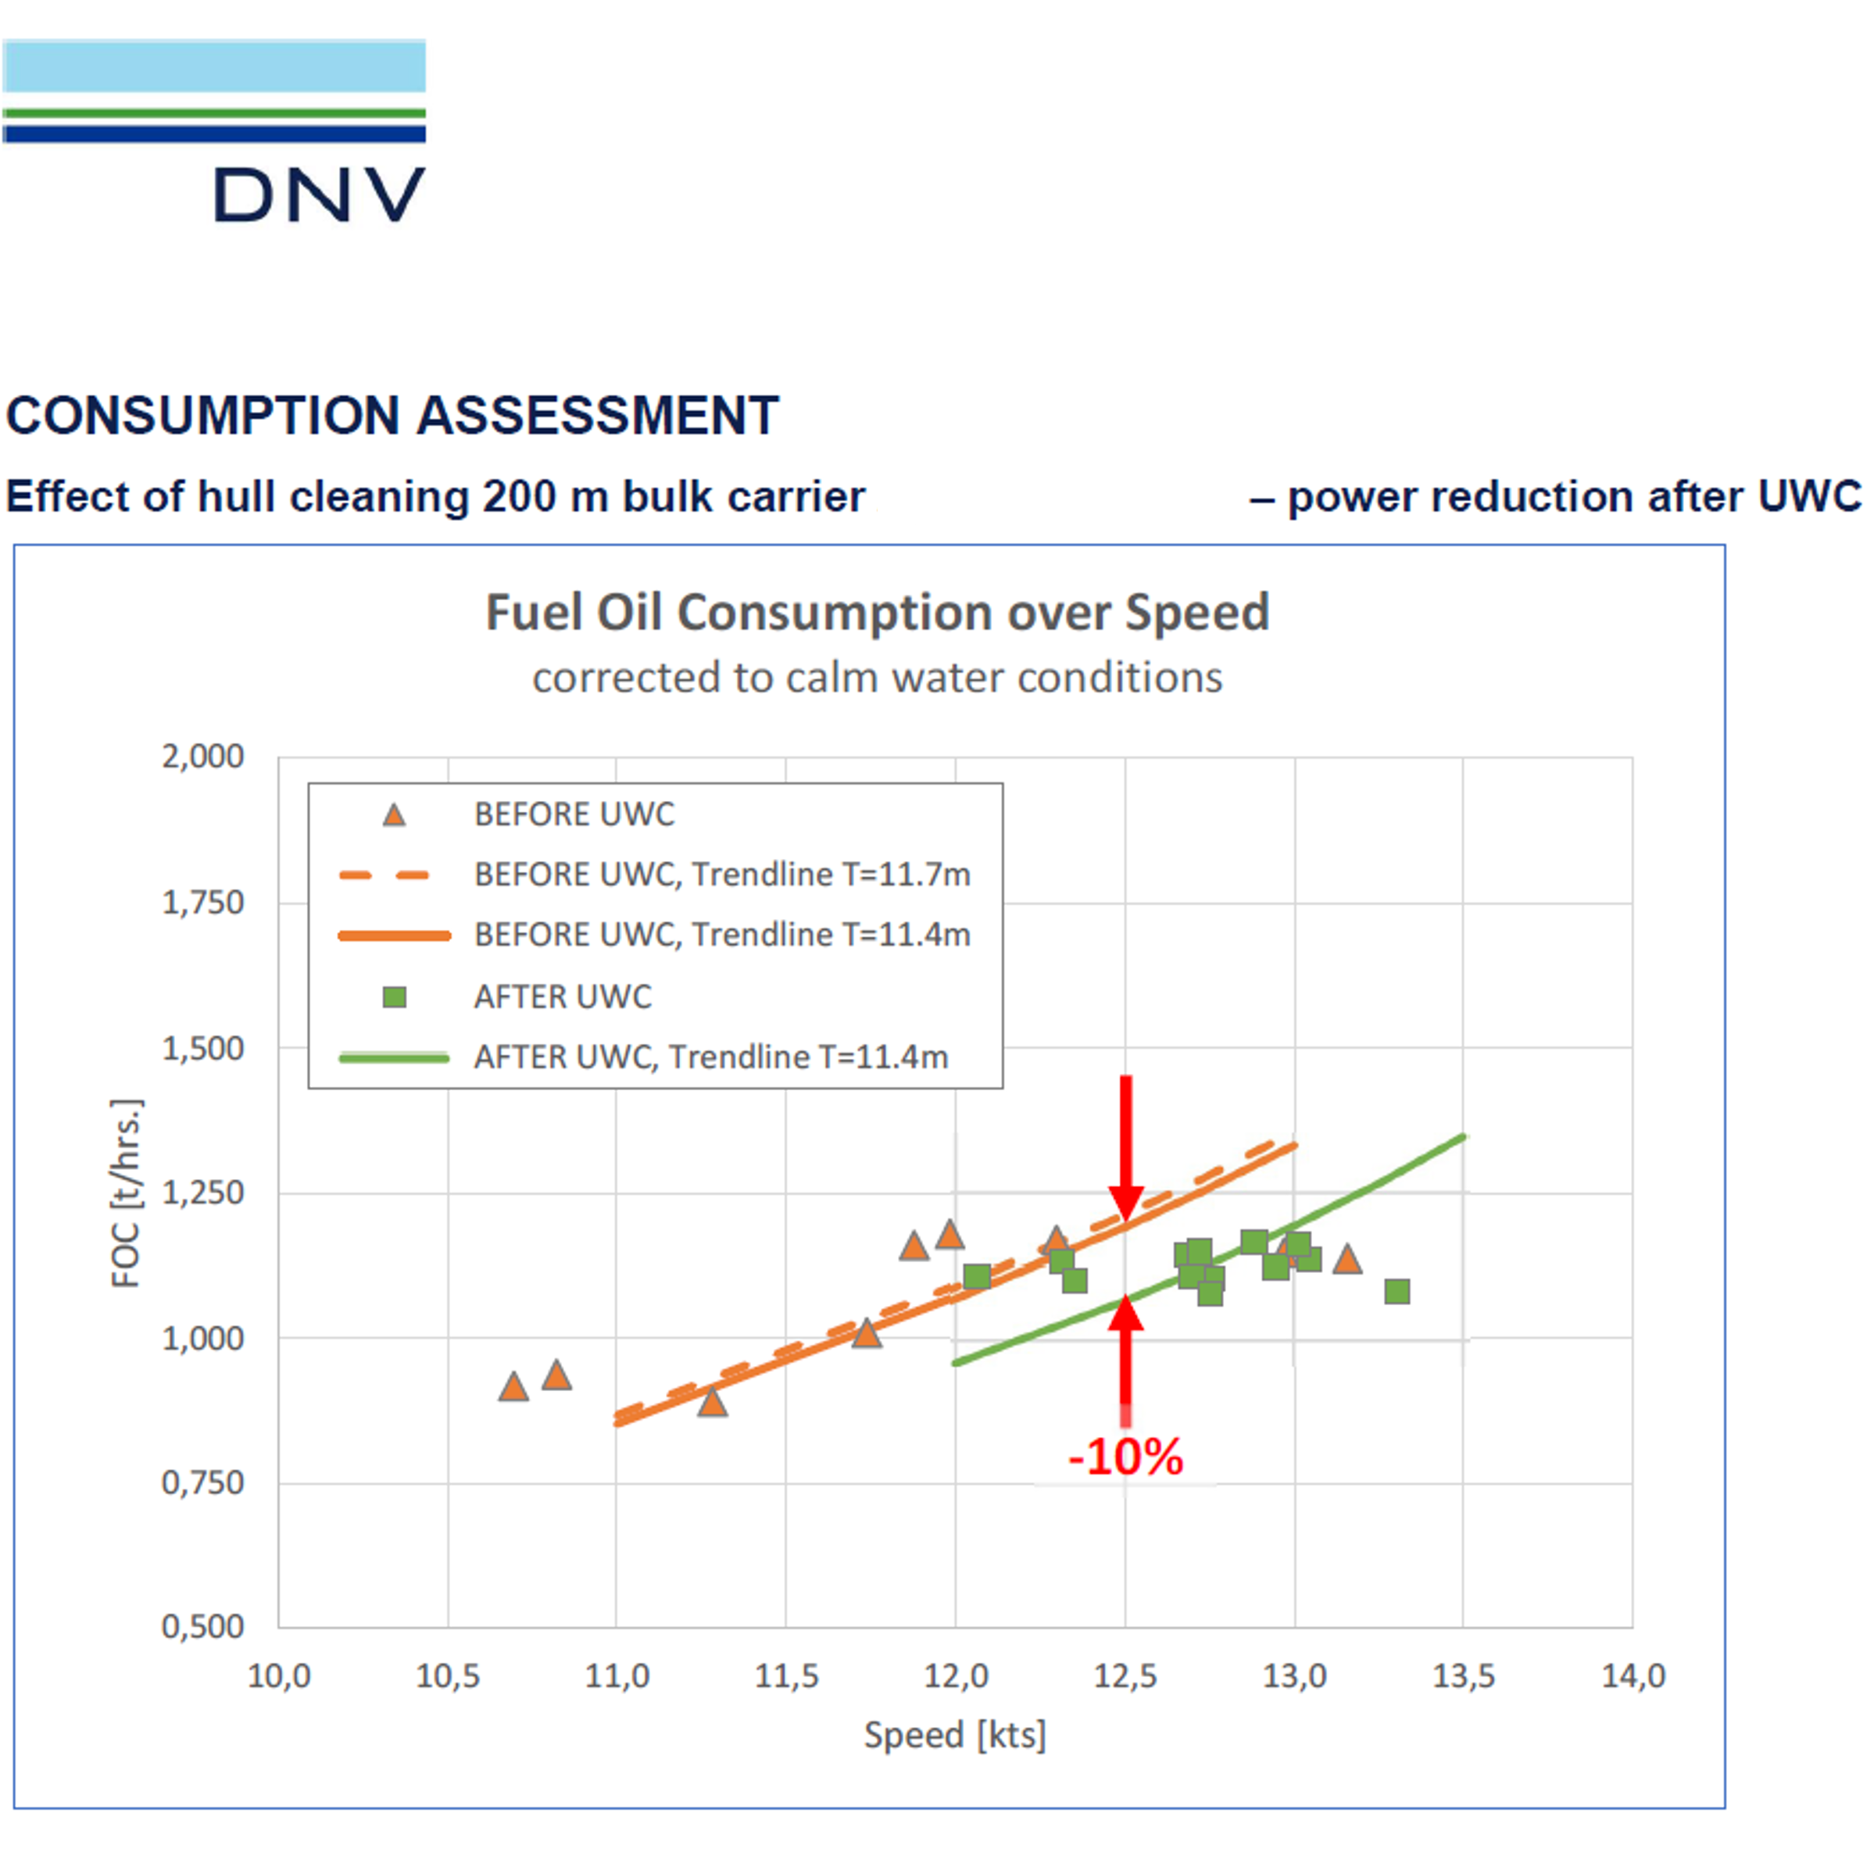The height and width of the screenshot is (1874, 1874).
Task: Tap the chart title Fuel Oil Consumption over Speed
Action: pos(877,613)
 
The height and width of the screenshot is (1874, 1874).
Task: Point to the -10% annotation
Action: pos(1125,1457)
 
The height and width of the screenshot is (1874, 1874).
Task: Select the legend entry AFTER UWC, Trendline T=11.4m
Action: pos(710,1057)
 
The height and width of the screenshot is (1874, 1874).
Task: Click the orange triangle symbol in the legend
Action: pos(394,815)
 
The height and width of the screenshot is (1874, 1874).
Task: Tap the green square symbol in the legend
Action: pos(394,997)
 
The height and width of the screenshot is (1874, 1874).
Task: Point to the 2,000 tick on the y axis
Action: pos(202,756)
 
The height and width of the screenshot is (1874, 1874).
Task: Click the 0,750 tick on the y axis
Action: pos(202,1483)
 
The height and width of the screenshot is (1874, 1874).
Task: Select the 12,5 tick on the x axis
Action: pos(1125,1676)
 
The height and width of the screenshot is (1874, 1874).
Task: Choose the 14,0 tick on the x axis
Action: pos(1633,1676)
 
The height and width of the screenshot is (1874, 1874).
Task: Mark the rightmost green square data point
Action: pos(1397,1291)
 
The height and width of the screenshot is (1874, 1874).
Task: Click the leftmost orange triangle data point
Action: pos(513,1387)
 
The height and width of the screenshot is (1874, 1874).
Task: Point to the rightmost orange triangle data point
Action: pos(1346,1260)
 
